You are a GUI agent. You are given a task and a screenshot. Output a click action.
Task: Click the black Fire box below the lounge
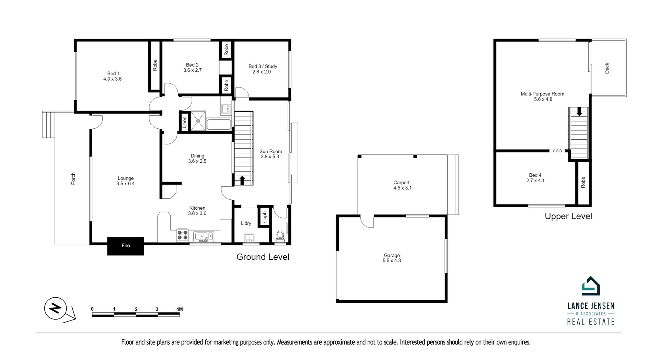(x=126, y=246)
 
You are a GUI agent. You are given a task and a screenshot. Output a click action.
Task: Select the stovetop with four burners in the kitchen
(x=182, y=235)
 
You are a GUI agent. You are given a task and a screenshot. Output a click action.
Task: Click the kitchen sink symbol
(x=204, y=236)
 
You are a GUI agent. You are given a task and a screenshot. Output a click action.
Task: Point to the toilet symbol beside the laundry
(x=280, y=236)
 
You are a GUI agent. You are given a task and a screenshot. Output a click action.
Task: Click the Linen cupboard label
(x=184, y=122)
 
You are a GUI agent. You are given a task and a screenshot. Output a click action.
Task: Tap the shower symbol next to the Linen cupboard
(x=198, y=121)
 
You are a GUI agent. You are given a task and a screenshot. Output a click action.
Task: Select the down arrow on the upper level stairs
(x=579, y=112)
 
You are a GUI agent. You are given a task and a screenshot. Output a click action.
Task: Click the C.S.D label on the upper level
(x=557, y=151)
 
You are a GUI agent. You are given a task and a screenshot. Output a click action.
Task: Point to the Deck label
(x=607, y=68)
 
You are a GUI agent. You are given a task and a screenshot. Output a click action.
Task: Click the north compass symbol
(x=55, y=308)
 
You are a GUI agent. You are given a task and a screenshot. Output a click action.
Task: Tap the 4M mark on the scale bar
(x=179, y=309)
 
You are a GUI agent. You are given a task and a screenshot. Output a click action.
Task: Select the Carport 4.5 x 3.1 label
(x=402, y=185)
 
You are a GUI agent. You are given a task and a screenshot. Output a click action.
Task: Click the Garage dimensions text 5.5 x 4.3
(x=392, y=261)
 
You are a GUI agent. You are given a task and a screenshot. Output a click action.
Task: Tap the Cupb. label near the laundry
(x=265, y=217)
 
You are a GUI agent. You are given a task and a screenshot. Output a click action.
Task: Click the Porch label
(x=73, y=179)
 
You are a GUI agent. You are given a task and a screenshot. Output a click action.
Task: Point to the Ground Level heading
(x=263, y=257)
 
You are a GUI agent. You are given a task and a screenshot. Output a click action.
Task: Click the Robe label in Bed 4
(x=583, y=182)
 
